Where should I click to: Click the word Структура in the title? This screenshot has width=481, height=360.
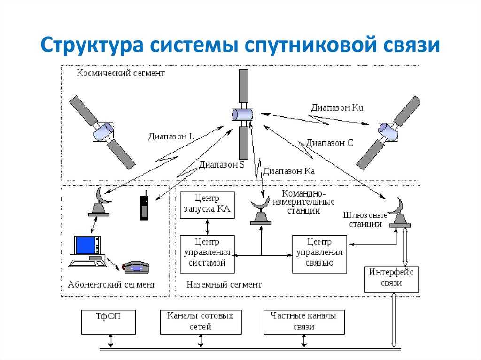click(x=92, y=45)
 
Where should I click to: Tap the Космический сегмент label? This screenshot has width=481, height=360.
click(x=121, y=73)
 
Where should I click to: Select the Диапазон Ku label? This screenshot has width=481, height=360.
click(x=337, y=107)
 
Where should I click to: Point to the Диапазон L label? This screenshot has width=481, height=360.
click(x=171, y=136)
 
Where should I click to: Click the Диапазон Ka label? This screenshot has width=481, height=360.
click(x=289, y=171)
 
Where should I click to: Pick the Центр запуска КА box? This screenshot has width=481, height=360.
click(x=207, y=205)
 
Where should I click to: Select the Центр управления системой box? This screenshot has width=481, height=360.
click(x=207, y=254)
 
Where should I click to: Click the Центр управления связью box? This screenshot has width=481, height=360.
click(x=319, y=254)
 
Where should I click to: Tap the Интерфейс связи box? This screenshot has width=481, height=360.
click(x=391, y=279)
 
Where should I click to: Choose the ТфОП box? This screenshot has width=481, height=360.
click(x=109, y=322)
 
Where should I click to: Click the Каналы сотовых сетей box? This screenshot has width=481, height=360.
click(x=201, y=322)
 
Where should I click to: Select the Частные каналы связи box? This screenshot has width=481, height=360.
click(x=304, y=322)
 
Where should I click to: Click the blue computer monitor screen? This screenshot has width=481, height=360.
click(x=85, y=245)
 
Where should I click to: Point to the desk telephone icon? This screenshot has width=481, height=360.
click(x=136, y=268)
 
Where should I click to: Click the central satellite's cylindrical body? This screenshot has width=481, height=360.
click(x=242, y=115)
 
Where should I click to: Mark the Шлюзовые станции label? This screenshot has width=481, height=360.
click(x=365, y=220)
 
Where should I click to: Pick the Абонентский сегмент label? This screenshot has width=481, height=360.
click(x=111, y=284)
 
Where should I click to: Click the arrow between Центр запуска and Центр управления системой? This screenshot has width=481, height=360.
click(x=207, y=227)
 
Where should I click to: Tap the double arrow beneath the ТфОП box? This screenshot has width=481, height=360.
click(x=111, y=341)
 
